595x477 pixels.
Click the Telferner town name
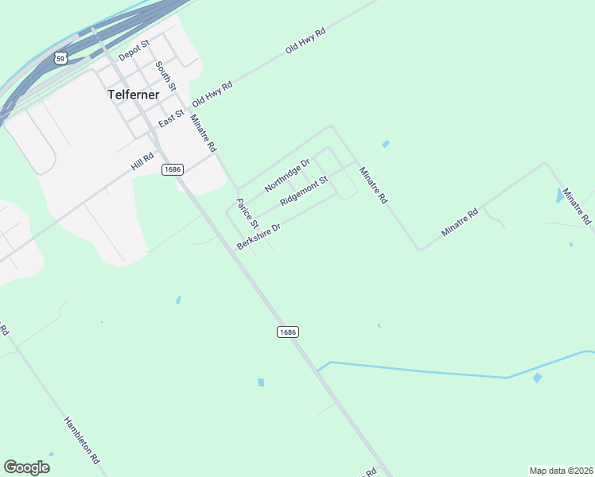134,94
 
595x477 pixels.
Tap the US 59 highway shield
61,58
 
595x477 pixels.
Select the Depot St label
134,50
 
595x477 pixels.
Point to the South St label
165,75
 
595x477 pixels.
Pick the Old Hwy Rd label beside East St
212,97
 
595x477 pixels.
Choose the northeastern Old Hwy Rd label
306,41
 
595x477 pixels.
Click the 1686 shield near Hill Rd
173,169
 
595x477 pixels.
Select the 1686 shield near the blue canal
288,332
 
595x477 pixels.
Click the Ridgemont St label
304,192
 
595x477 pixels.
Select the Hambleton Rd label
82,440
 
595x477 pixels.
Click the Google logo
26,467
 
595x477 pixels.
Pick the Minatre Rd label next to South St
202,133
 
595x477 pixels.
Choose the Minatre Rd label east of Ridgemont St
372,185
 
